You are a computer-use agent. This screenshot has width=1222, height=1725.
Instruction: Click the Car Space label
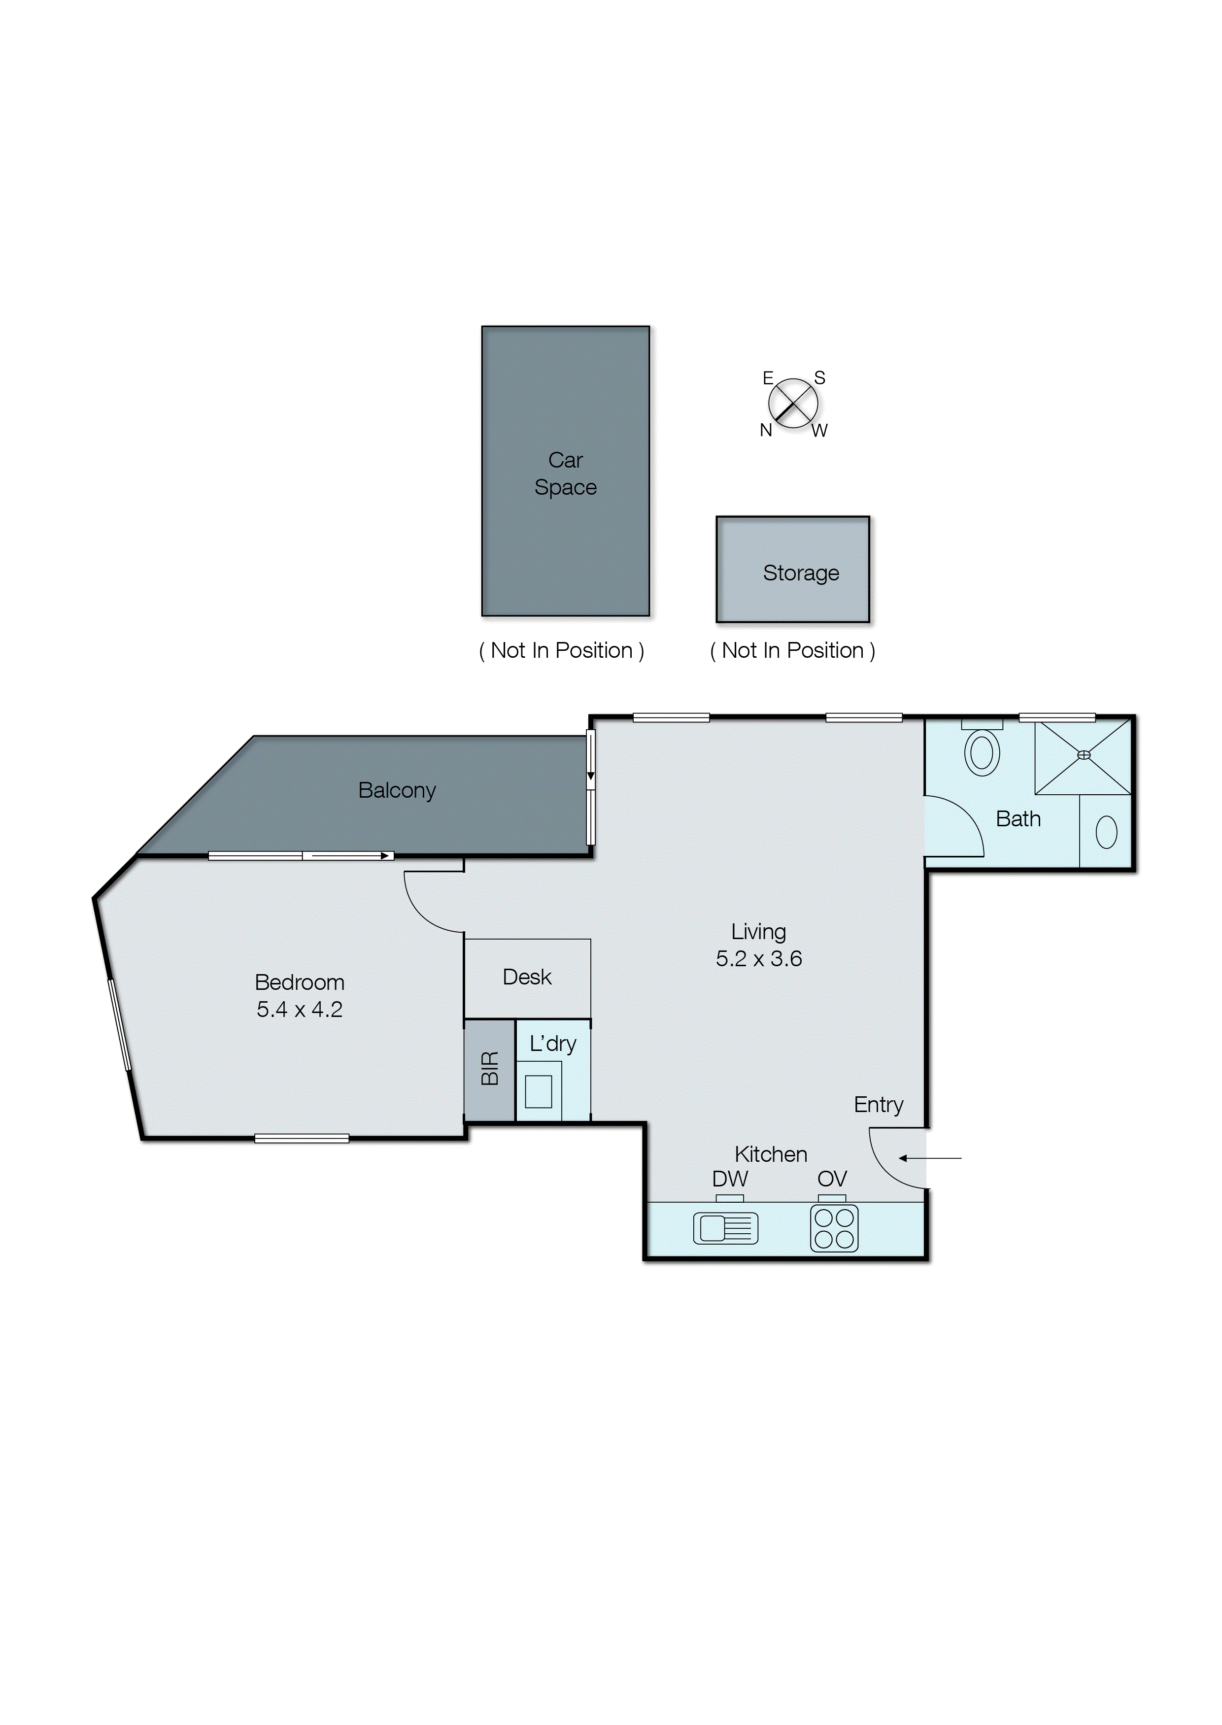[565, 473]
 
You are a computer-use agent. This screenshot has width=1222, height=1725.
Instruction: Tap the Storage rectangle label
[801, 573]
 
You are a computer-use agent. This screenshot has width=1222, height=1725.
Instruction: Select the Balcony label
[397, 790]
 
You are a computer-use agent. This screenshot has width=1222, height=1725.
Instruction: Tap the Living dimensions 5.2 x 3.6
[758, 958]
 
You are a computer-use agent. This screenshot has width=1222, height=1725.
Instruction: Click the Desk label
[527, 977]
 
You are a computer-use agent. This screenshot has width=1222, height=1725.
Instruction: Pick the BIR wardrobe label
[490, 1068]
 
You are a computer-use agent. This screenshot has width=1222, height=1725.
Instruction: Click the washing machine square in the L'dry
[538, 1091]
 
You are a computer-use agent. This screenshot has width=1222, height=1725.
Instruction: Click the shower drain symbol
[1084, 754]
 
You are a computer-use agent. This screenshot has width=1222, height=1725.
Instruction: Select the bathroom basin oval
[1106, 832]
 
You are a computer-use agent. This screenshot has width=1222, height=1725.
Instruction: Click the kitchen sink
[725, 1228]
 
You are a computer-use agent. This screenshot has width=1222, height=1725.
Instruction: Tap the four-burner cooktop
[834, 1228]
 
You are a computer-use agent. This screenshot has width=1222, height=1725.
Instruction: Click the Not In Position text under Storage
[792, 651]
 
